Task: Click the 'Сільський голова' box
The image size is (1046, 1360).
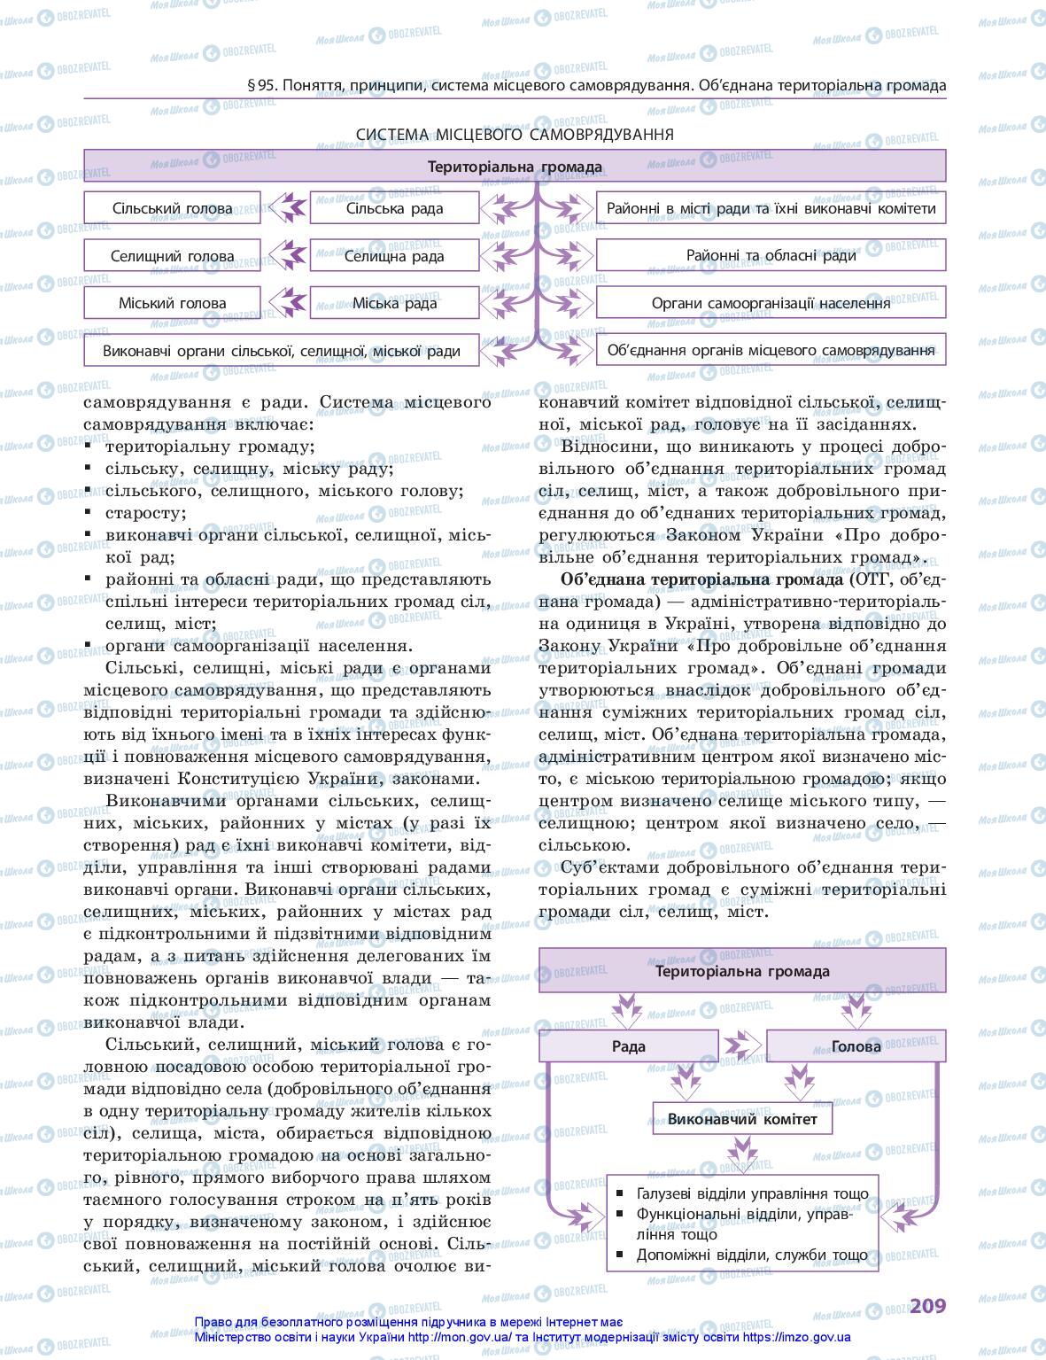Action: coord(172,208)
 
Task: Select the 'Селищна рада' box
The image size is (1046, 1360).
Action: coord(394,256)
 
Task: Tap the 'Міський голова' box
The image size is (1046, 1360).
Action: coord(172,303)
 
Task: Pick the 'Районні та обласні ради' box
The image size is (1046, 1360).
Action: coord(771,256)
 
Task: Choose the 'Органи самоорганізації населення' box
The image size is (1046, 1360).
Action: coord(771,303)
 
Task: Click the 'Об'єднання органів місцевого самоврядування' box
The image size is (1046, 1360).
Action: coord(771,350)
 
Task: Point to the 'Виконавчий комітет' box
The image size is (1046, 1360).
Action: coord(742,1118)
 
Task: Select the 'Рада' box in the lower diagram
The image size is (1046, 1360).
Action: coord(628,1046)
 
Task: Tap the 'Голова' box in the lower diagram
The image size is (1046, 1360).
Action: coord(856,1046)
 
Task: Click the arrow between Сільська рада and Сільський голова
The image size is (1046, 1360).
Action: coord(286,208)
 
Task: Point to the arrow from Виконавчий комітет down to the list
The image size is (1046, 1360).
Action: coord(742,1154)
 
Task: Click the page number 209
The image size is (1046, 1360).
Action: coord(927,1306)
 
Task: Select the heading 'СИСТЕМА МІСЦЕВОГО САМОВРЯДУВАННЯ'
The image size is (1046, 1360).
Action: coord(515,135)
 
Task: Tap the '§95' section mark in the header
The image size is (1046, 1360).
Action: coord(261,86)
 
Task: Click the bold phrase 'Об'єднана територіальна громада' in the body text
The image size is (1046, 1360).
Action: coord(702,580)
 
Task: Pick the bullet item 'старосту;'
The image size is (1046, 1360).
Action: coord(145,513)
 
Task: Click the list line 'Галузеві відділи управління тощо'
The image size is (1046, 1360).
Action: coord(752,1193)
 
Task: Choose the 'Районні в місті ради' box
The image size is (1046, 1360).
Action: coord(771,208)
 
